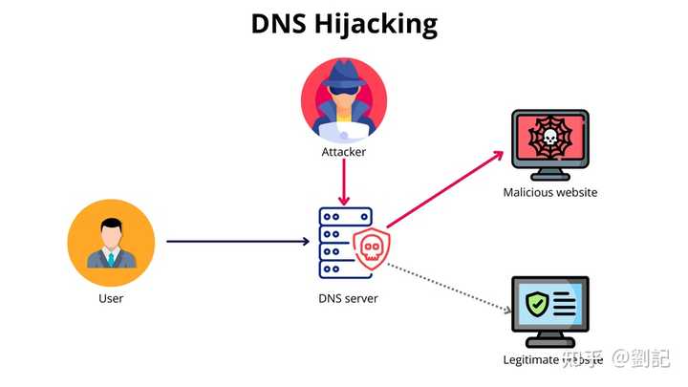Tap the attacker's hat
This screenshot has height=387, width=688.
click(344, 75)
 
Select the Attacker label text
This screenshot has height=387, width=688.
click(344, 152)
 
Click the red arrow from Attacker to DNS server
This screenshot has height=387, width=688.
click(345, 182)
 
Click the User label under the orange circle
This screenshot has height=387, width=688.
click(111, 298)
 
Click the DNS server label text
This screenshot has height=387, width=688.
click(348, 298)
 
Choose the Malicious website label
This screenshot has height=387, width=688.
click(550, 192)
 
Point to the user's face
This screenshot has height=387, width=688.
click(111, 232)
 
